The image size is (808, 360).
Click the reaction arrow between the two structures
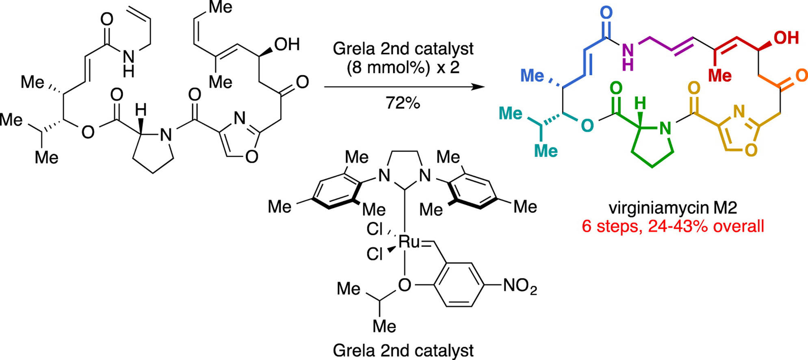point(405,87)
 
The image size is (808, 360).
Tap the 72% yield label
point(403,104)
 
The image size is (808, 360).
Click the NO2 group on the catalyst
point(520,286)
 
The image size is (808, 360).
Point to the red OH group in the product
point(786,38)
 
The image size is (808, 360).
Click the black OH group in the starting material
point(287,44)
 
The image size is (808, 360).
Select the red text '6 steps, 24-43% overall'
point(673,226)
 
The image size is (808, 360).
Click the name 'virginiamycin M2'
point(673,208)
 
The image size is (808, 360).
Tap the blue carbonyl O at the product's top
point(606,13)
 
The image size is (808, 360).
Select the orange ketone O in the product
point(801,76)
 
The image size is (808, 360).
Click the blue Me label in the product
point(532,76)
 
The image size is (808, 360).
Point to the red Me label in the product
point(719,76)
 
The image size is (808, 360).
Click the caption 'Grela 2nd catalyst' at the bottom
point(403,350)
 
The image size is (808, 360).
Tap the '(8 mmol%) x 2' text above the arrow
point(403,67)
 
